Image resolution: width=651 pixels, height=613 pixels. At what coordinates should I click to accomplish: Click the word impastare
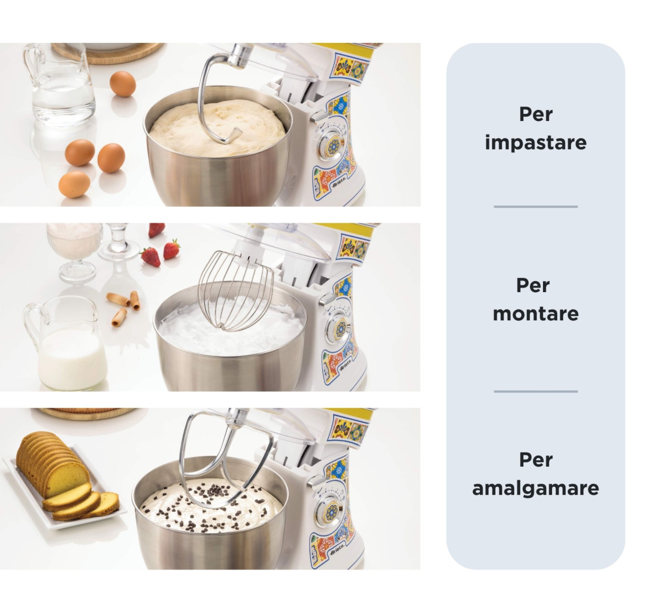[x=535, y=143]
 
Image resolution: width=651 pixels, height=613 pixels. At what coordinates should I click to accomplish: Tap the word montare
[x=535, y=314]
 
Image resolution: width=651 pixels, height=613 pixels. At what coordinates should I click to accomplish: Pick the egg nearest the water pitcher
[x=123, y=84]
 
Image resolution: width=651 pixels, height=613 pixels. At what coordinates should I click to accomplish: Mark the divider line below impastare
[x=535, y=206]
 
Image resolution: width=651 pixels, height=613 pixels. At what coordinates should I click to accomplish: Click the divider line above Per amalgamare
[x=535, y=391]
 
